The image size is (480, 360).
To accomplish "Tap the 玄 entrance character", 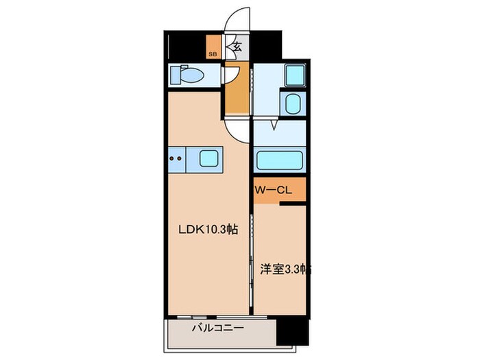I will click(237, 47).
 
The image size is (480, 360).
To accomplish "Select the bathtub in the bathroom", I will click(280, 161).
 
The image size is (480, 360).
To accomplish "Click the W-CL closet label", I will click(274, 191).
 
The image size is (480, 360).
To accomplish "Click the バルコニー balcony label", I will click(217, 328).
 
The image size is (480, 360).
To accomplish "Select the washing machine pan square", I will click(295, 75).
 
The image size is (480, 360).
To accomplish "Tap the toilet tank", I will click(173, 73).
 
